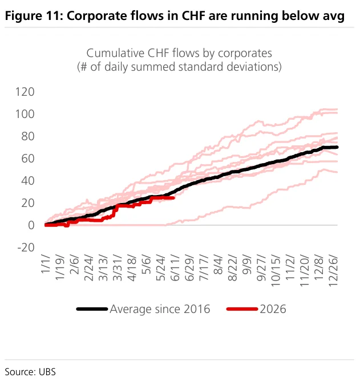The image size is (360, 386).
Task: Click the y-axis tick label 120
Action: (25, 92)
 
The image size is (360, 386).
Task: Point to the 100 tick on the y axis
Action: (25, 114)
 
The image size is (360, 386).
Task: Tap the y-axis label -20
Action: (26, 247)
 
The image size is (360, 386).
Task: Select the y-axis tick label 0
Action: (31, 225)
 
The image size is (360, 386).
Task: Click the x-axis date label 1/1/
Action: (46, 264)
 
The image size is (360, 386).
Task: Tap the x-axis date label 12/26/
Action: (333, 271)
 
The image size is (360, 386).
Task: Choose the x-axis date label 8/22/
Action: (232, 269)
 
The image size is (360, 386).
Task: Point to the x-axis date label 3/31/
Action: (118, 269)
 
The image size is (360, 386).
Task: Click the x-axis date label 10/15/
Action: (276, 271)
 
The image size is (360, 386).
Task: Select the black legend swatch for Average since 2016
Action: (92, 309)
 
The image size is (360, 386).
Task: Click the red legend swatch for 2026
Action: (242, 309)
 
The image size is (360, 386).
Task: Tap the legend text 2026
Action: (273, 309)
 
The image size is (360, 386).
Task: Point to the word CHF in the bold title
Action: (193, 16)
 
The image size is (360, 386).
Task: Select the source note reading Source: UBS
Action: (30, 372)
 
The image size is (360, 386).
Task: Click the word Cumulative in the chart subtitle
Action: (116, 53)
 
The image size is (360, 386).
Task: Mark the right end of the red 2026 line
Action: (173, 198)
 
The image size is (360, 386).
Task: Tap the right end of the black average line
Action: (337, 147)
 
